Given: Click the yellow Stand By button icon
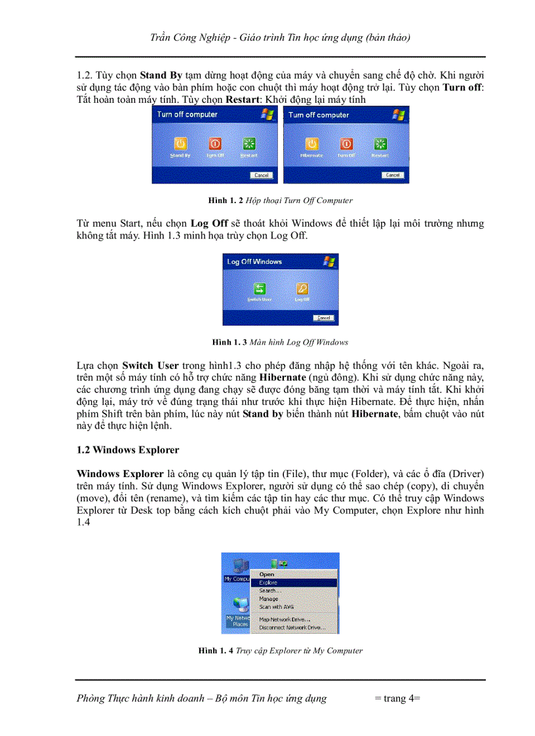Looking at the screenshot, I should click(181, 144).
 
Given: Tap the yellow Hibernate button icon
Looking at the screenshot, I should click(312, 144).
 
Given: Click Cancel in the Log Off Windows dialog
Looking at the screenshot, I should click(323, 318).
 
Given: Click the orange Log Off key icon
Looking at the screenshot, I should click(302, 288).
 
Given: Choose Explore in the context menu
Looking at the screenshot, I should click(268, 583).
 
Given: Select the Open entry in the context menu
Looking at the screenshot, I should click(267, 575).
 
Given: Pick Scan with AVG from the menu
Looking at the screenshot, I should click(276, 607).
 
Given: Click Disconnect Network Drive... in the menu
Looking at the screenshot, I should click(292, 627).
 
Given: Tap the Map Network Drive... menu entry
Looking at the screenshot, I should click(285, 619).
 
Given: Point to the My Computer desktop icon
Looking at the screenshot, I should click(237, 568).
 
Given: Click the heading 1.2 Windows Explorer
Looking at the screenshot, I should click(128, 450).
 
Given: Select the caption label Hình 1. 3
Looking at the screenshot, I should click(229, 342).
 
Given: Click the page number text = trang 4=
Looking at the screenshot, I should click(397, 699).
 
